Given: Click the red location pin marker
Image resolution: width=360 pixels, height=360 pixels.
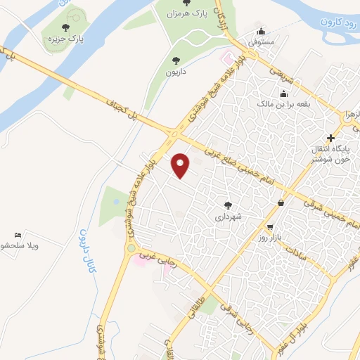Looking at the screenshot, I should (181, 165).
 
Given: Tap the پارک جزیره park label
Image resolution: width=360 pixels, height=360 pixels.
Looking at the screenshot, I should (67, 39).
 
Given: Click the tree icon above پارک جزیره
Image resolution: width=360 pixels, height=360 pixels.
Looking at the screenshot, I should (66, 27).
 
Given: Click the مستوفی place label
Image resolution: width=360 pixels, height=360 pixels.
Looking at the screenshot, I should (262, 42).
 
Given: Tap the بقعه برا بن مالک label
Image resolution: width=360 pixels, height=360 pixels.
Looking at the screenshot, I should (284, 104).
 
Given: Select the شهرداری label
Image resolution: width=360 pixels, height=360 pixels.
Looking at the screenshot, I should (228, 216).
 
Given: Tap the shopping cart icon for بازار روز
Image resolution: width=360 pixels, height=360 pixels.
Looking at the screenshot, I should (270, 227).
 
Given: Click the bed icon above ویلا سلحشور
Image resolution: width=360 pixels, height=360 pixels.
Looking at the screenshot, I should (18, 235).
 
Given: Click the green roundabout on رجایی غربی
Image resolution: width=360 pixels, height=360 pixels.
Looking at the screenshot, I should (131, 247).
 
